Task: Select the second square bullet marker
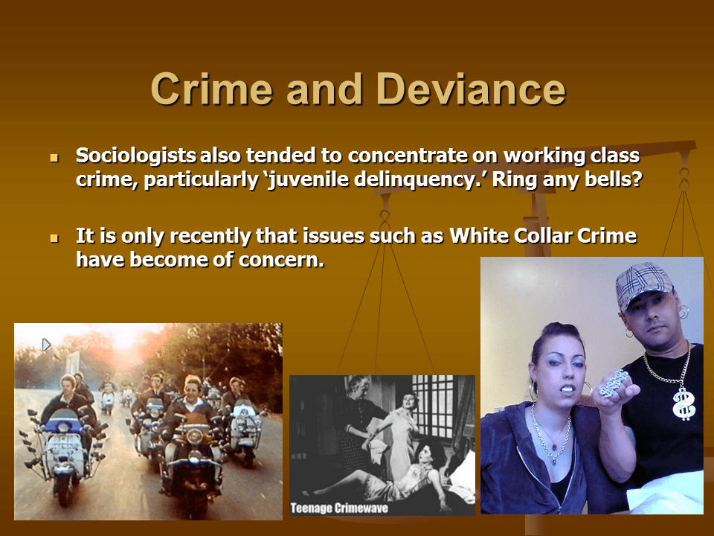54,239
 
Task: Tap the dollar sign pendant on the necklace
681,403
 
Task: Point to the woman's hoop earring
535,392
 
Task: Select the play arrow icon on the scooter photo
46,345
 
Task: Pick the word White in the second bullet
480,237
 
